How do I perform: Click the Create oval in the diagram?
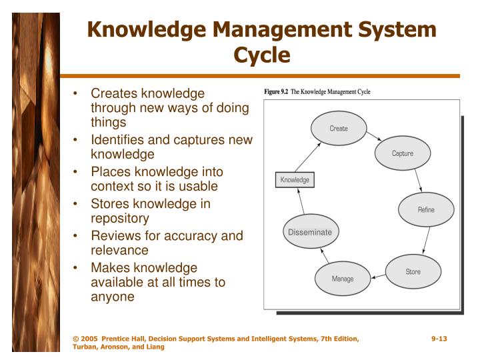click(338, 128)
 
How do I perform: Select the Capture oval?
click(402, 153)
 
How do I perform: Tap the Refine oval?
click(425, 210)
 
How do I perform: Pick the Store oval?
click(413, 271)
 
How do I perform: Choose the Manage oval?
click(343, 279)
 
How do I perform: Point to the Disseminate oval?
click(309, 232)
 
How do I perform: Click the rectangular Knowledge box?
click(294, 180)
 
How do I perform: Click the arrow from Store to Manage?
click(378, 276)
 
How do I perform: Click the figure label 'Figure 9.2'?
click(276, 91)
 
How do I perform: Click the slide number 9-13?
click(439, 339)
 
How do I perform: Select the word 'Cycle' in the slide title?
click(261, 54)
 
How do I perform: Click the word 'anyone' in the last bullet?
click(113, 297)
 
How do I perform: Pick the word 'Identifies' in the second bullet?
click(118, 140)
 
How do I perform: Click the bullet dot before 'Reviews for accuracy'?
click(78, 236)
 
